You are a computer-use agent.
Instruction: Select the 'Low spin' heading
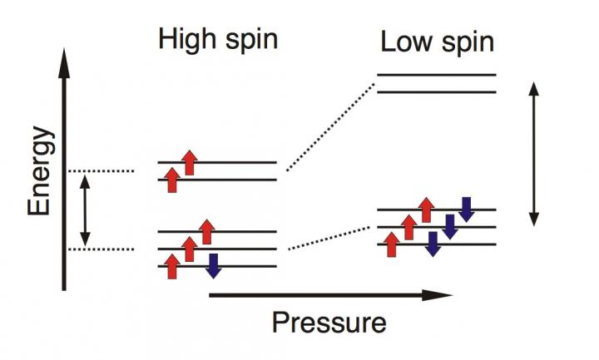437,42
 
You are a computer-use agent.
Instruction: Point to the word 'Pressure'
329,321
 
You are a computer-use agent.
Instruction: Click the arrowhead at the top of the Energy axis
65,57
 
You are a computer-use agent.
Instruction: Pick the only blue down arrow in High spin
213,265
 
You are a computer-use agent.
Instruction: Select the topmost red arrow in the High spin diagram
189,162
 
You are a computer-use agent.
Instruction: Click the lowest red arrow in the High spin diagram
172,266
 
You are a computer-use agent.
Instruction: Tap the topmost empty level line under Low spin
437,74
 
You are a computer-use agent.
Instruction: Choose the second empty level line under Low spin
437,91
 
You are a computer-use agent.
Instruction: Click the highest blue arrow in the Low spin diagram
466,210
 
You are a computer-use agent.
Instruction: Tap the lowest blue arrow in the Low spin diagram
432,244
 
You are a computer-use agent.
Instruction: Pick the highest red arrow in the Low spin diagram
426,210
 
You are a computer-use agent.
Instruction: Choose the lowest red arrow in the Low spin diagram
391,244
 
